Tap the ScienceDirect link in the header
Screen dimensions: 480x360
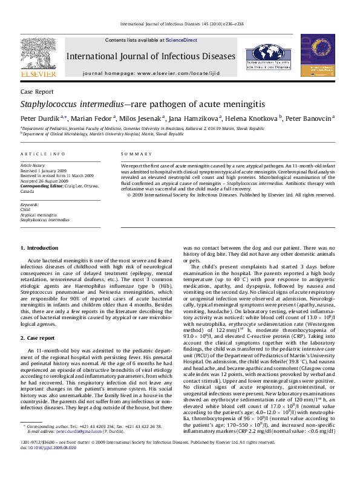pyautogui.click(x=182, y=40)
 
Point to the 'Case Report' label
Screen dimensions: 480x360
pyautogui.click(x=36, y=91)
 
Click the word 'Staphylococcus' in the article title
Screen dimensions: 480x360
pyautogui.click(x=56, y=104)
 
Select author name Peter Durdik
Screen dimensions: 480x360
pyautogui.click(x=40, y=118)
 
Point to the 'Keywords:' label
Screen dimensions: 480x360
pyautogui.click(x=30, y=205)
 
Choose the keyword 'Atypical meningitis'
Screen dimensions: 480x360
pyautogui.click(x=39, y=215)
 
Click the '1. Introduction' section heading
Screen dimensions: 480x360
pyautogui.click(x=39, y=248)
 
